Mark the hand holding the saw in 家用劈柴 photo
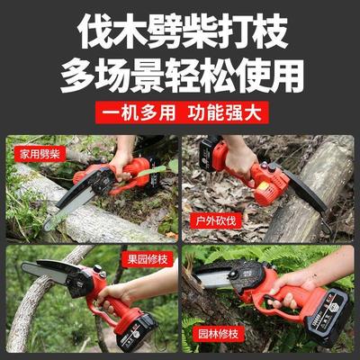click(121, 162)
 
